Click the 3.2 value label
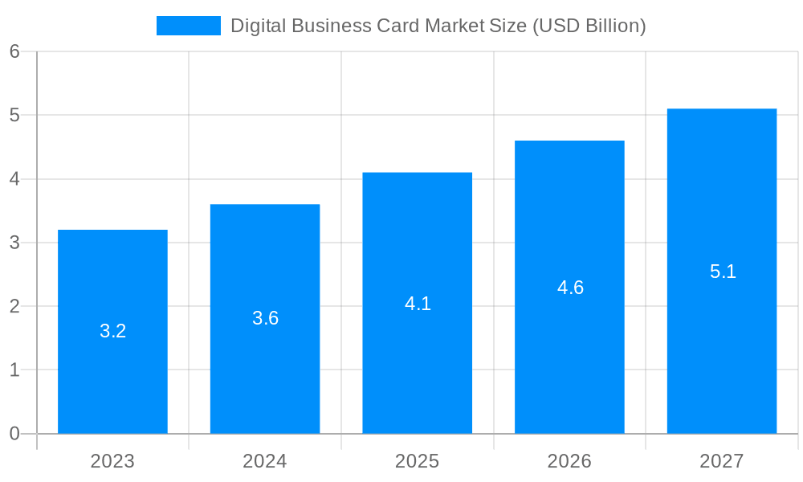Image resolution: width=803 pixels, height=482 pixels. (x=112, y=331)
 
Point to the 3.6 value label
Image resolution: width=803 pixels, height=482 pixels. (x=265, y=318)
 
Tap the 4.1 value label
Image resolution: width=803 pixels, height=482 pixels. (x=418, y=304)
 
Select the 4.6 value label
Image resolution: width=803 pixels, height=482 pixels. (x=570, y=288)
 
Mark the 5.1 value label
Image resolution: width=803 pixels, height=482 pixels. (x=723, y=272)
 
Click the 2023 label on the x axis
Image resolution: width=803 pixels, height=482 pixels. (x=112, y=461)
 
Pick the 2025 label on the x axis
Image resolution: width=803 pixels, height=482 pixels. (x=417, y=461)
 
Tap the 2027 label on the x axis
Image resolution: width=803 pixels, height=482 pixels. (x=722, y=461)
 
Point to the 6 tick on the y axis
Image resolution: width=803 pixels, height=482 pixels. (x=14, y=51)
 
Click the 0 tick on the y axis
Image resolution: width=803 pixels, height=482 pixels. (x=14, y=434)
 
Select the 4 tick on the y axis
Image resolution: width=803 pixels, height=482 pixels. (x=14, y=179)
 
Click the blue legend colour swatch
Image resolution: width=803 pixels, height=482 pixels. (x=188, y=26)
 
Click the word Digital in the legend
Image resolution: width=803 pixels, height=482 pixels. (x=258, y=26)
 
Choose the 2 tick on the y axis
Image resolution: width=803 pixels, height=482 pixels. (x=14, y=306)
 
